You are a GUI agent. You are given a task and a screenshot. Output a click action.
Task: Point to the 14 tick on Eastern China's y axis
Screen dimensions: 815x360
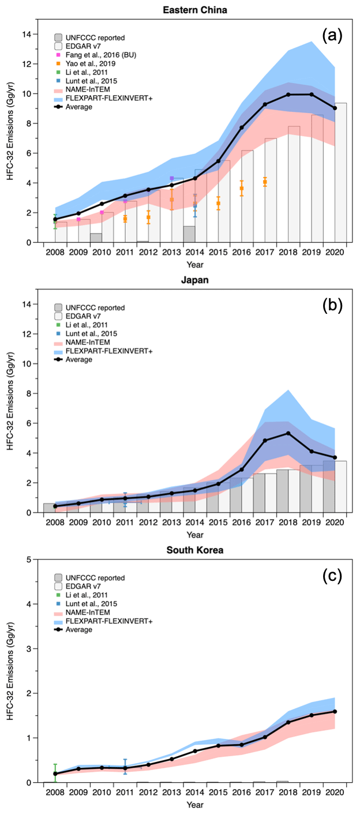[x=27, y=35]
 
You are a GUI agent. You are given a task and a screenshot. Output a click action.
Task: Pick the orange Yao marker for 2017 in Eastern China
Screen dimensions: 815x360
[x=265, y=182]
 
